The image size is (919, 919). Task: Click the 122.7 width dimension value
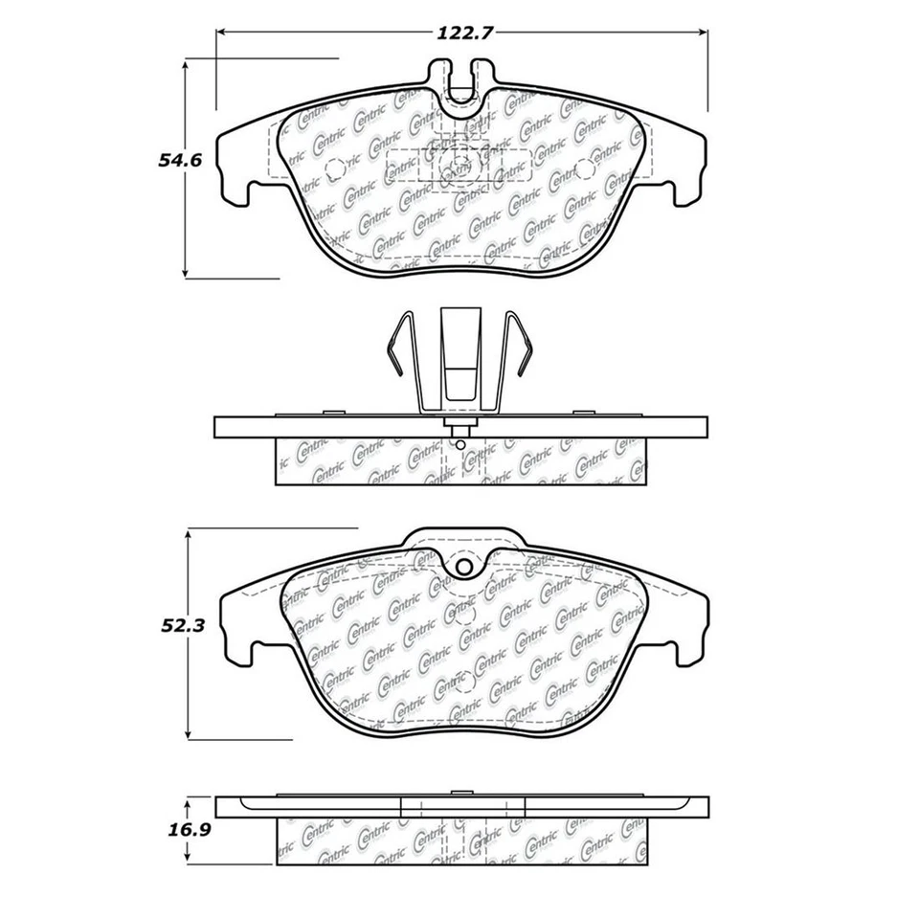tap(466, 32)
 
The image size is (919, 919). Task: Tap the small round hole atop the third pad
tap(464, 568)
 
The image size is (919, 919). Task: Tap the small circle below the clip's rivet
tap(459, 443)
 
